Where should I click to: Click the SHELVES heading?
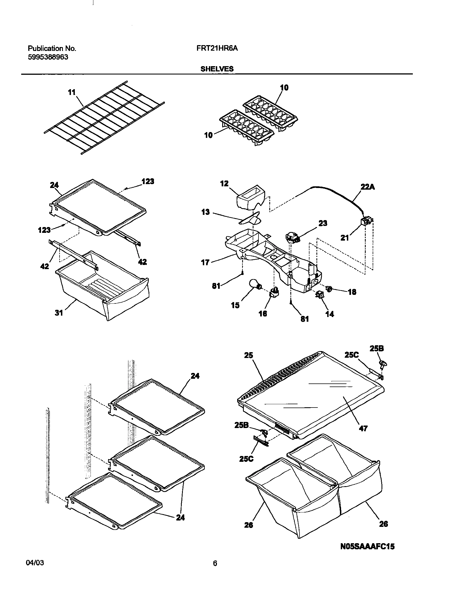217,69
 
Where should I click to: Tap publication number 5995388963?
48,57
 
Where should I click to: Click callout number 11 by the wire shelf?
72,92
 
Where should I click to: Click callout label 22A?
368,187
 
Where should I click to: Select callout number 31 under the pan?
59,313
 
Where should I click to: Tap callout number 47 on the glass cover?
363,429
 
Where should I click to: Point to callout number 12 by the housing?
224,184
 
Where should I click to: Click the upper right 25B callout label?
377,349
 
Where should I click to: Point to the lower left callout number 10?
208,135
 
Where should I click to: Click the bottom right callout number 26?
383,524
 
